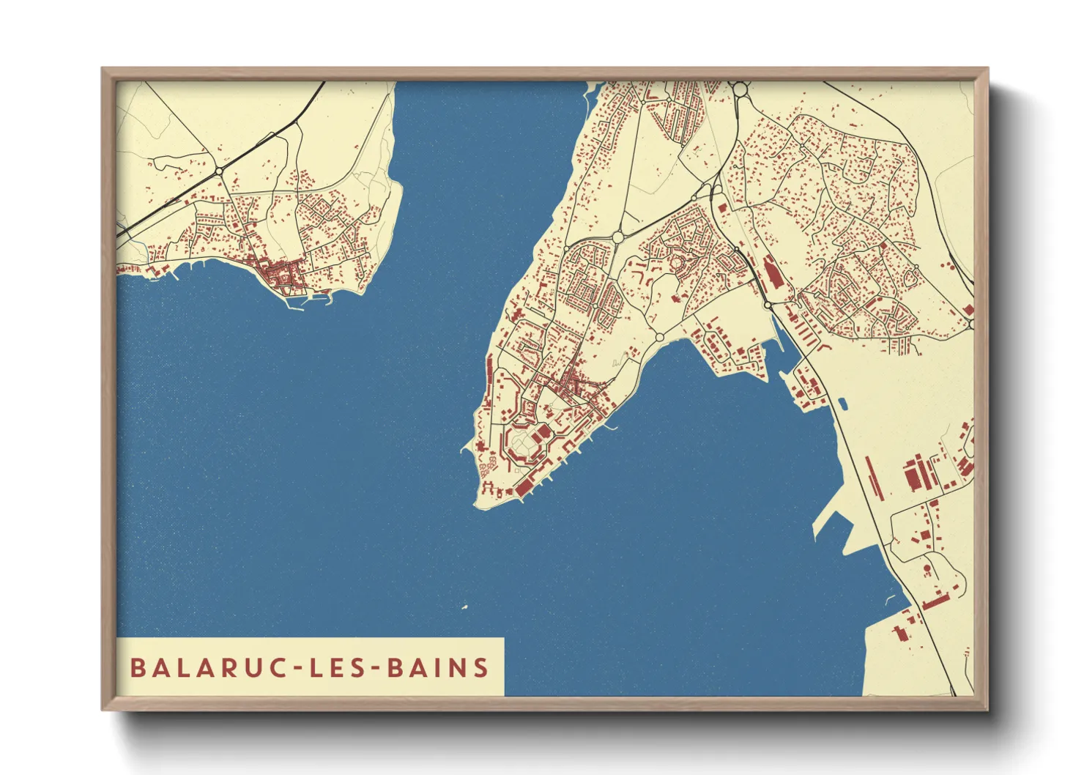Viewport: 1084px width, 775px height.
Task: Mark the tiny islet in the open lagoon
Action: [x=464, y=607]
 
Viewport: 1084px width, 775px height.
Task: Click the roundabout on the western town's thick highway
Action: [x=219, y=171]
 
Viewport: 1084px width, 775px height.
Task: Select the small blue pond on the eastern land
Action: [x=842, y=403]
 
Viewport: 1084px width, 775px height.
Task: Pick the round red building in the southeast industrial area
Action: [x=927, y=568]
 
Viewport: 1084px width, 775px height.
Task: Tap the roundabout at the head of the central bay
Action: [x=659, y=337]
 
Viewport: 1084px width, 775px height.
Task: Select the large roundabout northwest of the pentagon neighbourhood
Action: [x=617, y=237]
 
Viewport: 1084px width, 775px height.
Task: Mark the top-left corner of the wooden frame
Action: [x=103, y=69]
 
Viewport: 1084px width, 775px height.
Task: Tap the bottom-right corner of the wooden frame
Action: [x=987, y=709]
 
